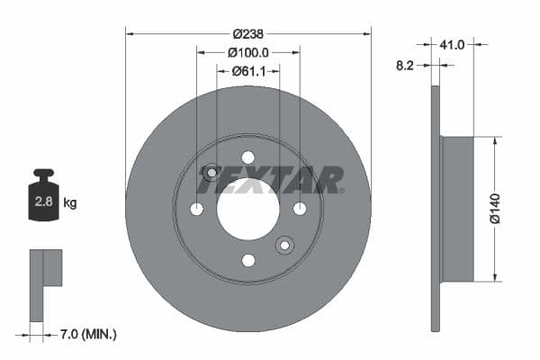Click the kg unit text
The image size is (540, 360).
[70, 202]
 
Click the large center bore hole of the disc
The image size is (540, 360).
[247, 209]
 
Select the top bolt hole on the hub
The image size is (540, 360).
[247, 157]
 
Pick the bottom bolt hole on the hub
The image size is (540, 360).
[247, 260]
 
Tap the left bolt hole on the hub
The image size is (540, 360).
[196, 209]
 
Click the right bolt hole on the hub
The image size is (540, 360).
[300, 209]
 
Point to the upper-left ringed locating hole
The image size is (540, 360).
[211, 172]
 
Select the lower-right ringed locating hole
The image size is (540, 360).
[284, 245]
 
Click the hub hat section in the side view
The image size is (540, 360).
[457, 209]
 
